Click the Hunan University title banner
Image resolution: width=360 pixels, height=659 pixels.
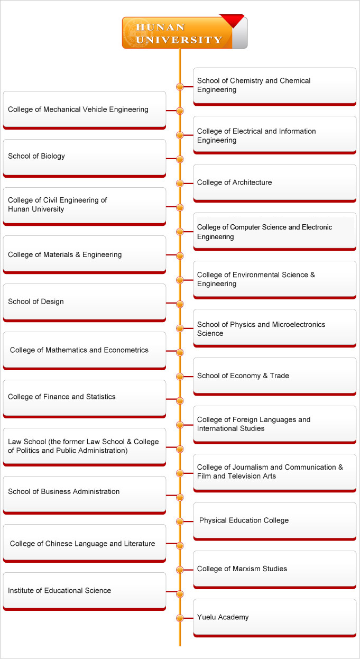[184, 32]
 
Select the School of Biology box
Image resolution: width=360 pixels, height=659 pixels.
[85, 158]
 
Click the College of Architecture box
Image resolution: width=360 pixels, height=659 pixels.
[275, 183]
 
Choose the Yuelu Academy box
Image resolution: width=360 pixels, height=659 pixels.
[275, 618]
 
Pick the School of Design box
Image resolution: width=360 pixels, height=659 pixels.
[85, 303]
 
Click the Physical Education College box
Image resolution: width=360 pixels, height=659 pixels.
[275, 521]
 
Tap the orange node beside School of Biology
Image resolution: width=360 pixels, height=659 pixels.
[180, 159]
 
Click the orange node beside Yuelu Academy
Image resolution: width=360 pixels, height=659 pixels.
[180, 618]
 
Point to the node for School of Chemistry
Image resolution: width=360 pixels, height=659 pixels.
[180, 87]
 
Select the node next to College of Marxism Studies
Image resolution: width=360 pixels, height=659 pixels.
[180, 570]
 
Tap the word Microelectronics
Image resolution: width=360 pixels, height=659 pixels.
[299, 324]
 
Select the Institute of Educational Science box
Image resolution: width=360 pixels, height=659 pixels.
[85, 591]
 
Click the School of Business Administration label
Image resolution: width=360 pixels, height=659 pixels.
[64, 491]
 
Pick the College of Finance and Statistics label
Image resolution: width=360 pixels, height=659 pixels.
[62, 397]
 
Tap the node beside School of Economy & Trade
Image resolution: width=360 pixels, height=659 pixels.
[180, 377]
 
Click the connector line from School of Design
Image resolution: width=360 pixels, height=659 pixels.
[171, 303]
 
